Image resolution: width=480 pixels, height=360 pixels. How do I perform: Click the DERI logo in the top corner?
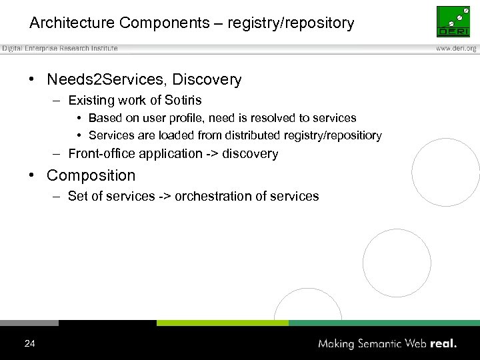tap(453, 21)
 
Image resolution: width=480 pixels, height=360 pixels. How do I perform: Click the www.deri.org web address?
tap(456, 49)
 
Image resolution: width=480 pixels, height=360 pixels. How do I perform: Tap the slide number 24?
tap(29, 344)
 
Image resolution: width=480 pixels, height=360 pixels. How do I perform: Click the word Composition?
tap(91, 176)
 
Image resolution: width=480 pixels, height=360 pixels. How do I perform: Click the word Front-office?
tap(102, 153)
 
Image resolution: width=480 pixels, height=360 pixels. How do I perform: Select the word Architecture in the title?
tap(72, 23)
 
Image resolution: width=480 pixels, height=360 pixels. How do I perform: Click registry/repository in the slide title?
tap(291, 23)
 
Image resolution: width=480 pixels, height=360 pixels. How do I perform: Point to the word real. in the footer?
tap(443, 344)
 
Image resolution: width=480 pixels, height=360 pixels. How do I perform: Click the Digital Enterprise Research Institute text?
tap(60, 49)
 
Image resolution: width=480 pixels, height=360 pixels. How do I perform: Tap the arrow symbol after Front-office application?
tap(211, 153)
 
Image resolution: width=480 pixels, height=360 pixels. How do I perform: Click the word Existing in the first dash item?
tap(91, 101)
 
